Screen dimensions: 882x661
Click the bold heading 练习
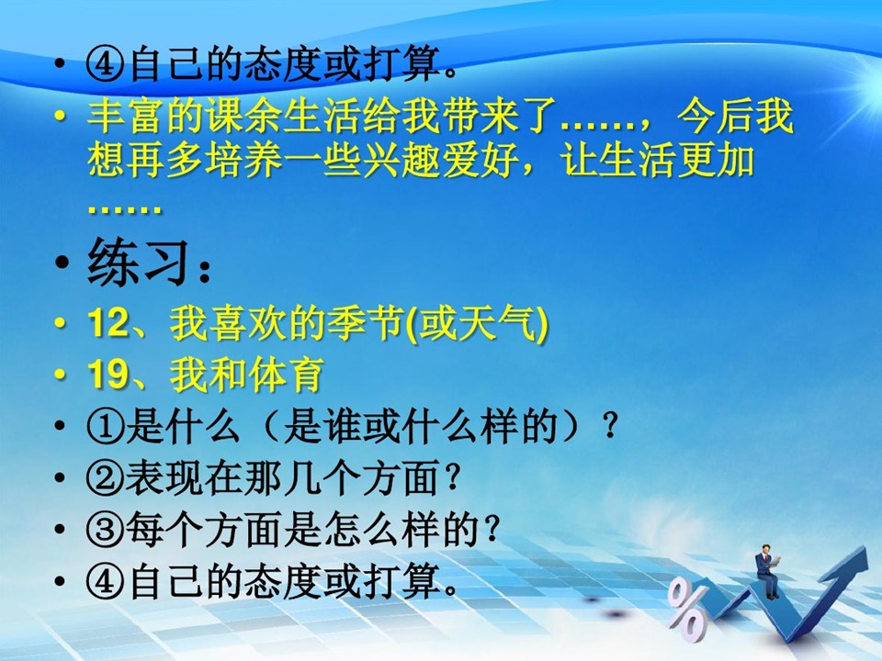click(137, 263)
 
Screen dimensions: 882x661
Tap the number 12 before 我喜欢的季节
click(107, 323)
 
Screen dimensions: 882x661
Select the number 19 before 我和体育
click(107, 375)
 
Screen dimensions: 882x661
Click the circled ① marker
click(105, 427)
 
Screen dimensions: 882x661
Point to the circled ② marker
click(105, 478)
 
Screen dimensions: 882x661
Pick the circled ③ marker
click(105, 530)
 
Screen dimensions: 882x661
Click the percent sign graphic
click(687, 611)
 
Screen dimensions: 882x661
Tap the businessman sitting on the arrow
click(767, 570)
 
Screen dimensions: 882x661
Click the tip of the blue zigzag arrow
click(865, 548)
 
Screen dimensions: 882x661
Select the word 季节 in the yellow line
click(365, 323)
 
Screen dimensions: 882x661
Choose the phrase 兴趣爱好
click(441, 160)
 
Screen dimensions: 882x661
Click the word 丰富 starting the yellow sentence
click(127, 117)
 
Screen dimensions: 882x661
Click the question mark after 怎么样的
click(492, 529)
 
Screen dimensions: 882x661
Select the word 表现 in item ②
click(164, 478)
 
